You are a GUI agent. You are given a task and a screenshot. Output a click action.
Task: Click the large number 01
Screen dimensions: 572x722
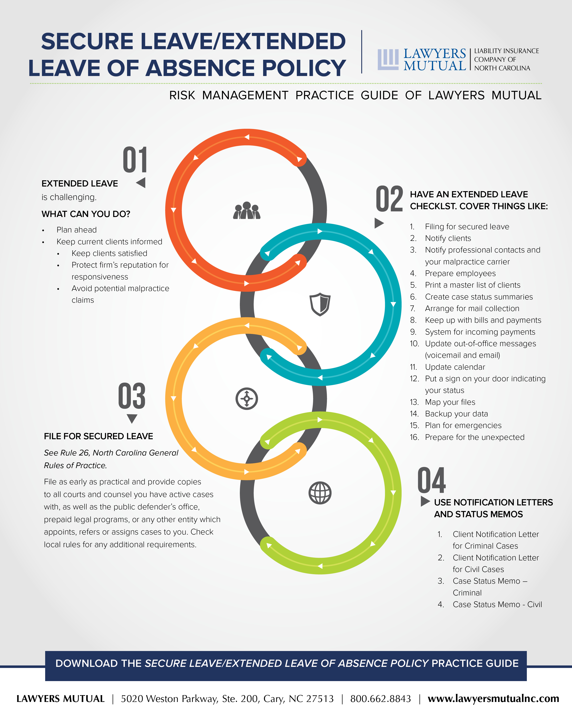point(135,160)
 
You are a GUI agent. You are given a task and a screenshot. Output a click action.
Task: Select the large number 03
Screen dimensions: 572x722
point(132,396)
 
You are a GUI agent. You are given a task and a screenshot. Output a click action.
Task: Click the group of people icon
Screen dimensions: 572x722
point(247,210)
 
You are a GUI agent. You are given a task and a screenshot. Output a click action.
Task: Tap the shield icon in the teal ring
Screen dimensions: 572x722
point(320,304)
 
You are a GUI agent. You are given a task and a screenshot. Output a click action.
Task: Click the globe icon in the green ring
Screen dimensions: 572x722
point(320,493)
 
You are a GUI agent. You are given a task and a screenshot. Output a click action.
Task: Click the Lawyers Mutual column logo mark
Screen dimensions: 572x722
point(388,60)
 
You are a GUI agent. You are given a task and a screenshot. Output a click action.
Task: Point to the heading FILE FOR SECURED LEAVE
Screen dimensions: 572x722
point(99,436)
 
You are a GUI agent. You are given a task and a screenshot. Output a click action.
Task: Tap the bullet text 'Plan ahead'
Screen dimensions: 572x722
point(77,230)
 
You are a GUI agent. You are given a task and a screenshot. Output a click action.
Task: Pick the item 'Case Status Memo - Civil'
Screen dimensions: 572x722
point(497,604)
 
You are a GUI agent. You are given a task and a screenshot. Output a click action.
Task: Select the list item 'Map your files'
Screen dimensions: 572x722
point(450,402)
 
